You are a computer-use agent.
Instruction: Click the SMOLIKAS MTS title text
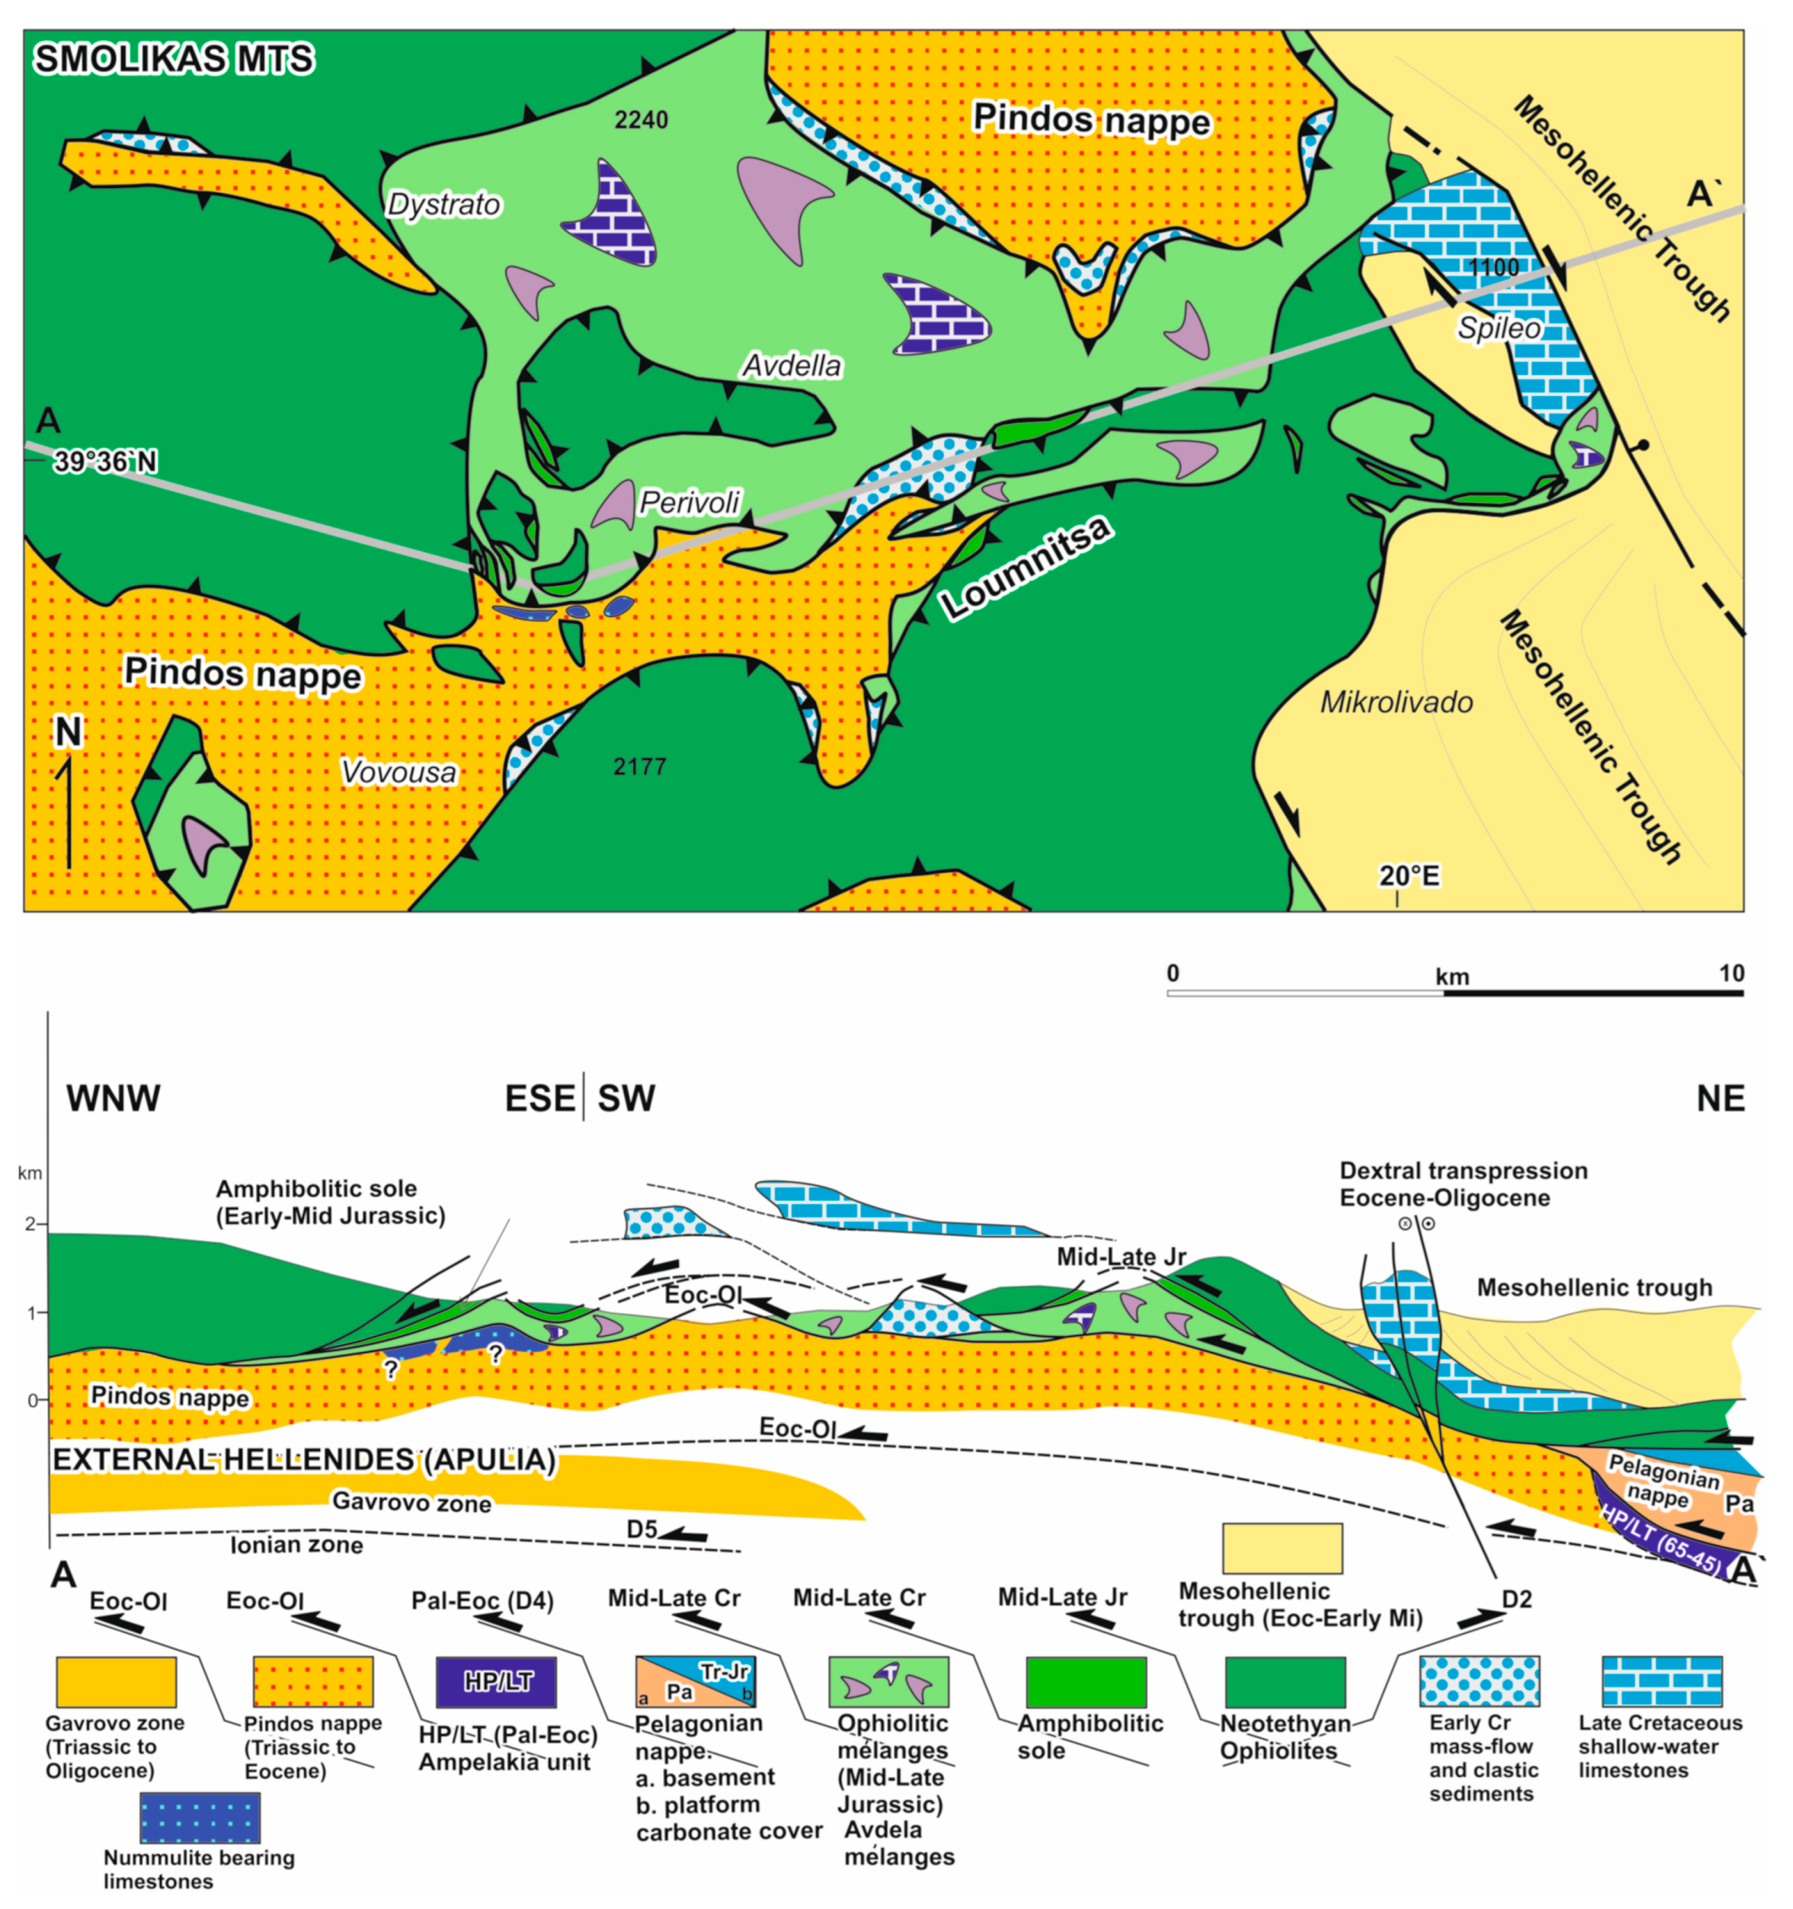174,59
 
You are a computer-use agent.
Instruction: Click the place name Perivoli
689,502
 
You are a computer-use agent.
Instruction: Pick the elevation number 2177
640,766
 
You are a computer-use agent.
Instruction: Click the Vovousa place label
398,772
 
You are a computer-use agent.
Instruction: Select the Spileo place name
1498,328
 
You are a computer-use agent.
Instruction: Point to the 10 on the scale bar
1730,974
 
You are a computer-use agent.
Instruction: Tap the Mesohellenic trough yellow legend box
1281,1548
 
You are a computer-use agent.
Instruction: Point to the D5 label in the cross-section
642,1529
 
